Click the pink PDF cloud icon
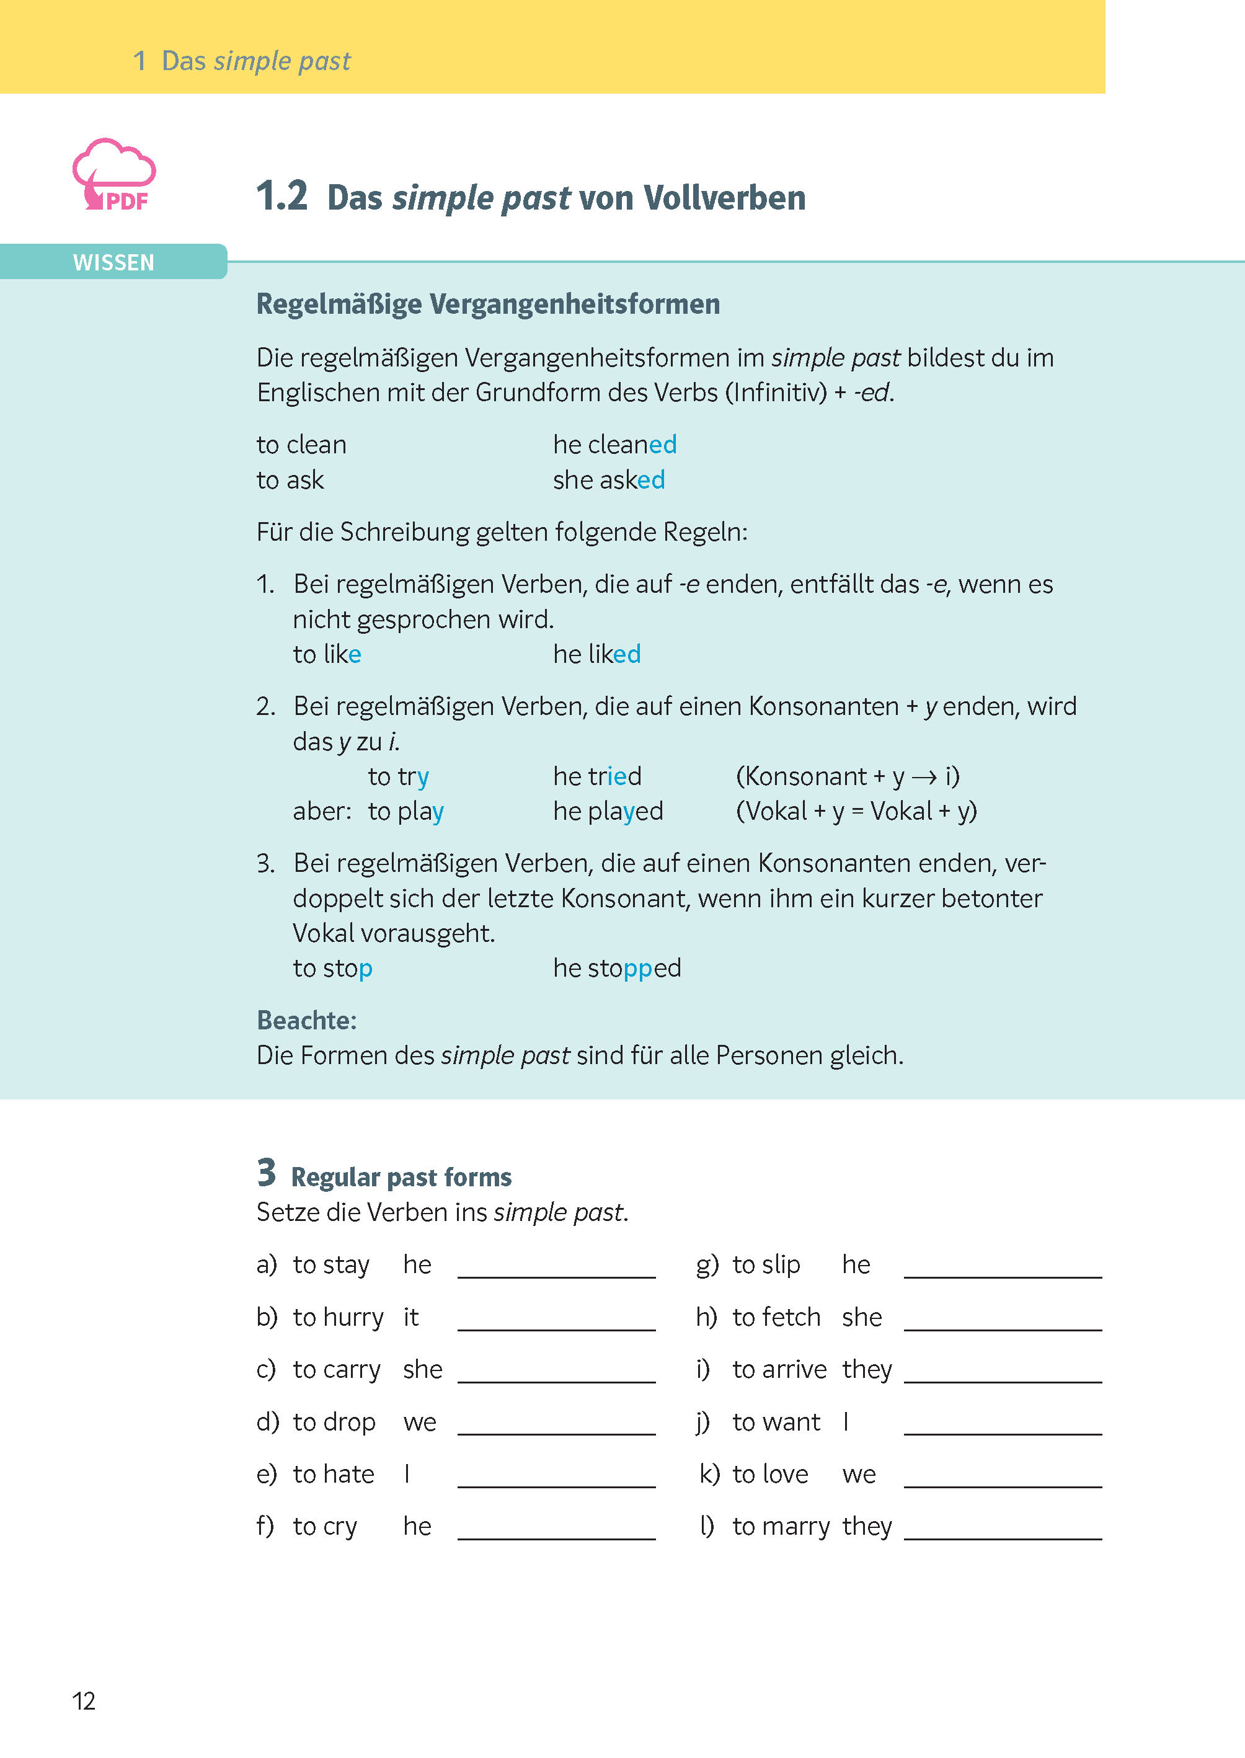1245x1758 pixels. tap(114, 175)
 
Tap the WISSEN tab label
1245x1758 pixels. tap(113, 262)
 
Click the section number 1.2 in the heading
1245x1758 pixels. tap(281, 197)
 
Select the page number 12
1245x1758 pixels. tap(84, 1700)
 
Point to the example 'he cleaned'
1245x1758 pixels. tap(615, 445)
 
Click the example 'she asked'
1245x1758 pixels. tap(609, 480)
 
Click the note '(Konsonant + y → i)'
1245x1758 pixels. tap(847, 776)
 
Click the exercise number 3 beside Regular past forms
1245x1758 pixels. tap(266, 1173)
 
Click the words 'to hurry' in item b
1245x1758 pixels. tap(338, 1317)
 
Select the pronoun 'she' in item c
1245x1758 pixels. tap(422, 1369)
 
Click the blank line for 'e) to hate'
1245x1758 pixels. tap(557, 1477)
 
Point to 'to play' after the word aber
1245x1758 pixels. tap(405, 811)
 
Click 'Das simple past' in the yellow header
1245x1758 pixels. tap(256, 61)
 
